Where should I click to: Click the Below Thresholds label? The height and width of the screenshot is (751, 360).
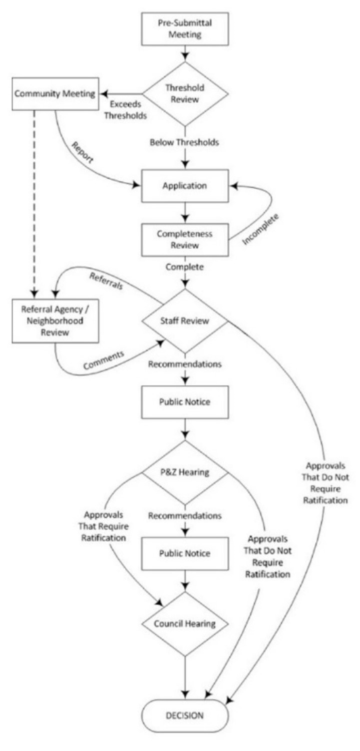(x=185, y=142)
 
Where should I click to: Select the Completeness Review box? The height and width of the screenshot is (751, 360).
(x=185, y=239)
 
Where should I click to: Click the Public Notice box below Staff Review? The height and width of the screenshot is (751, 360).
(x=185, y=402)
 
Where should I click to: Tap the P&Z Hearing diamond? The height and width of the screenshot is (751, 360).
(x=185, y=472)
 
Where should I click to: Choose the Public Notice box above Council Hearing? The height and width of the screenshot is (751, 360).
(x=185, y=554)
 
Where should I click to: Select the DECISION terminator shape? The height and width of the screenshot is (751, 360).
(x=185, y=716)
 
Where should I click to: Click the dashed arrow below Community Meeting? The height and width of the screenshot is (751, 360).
(x=33, y=200)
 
